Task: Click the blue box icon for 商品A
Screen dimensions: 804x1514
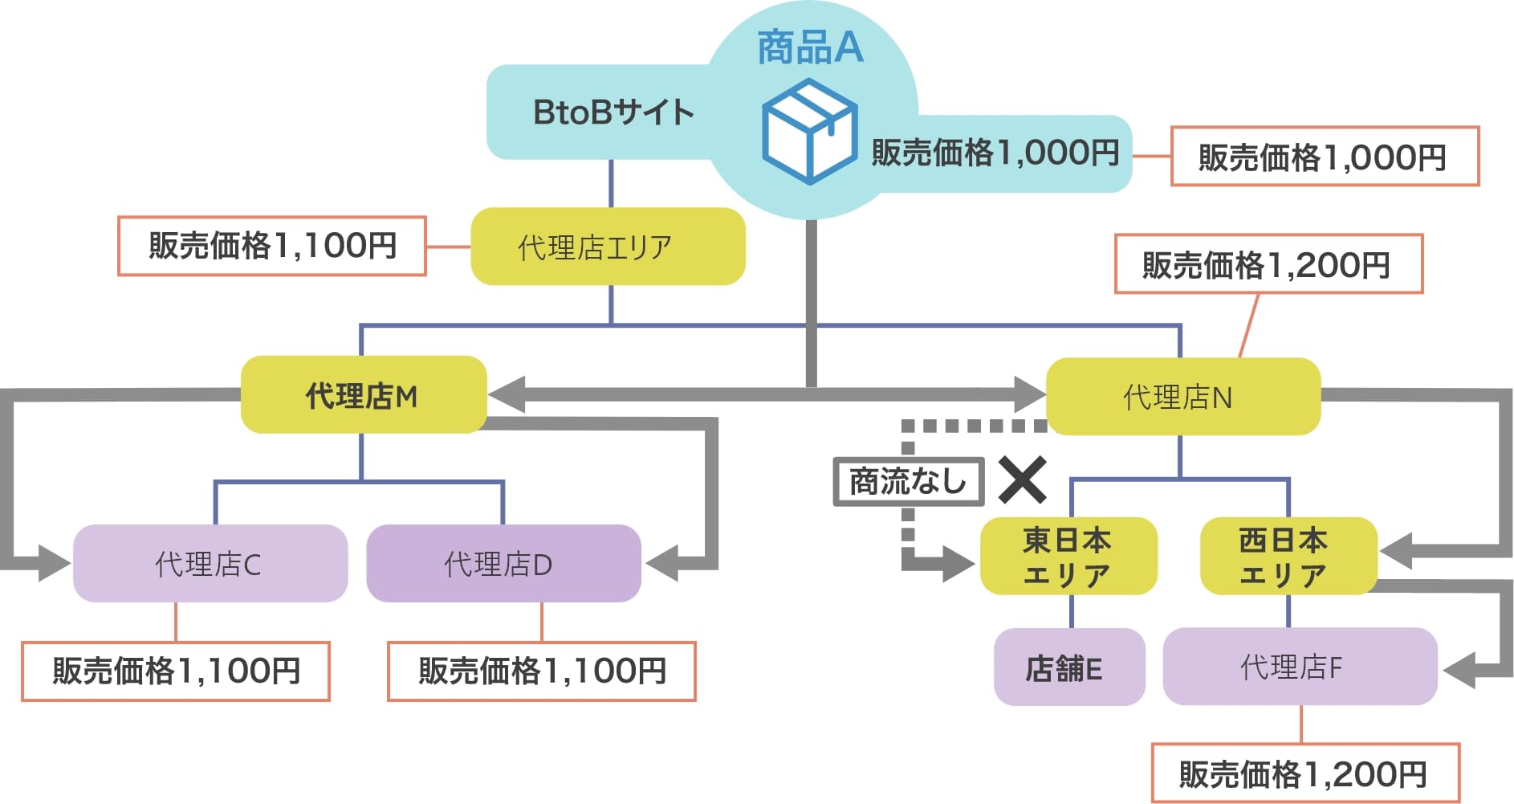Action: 809,132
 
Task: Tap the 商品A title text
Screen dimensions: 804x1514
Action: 810,47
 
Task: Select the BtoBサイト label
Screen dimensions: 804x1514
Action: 613,112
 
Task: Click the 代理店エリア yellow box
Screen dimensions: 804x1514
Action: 608,247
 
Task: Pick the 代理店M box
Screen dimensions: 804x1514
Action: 363,395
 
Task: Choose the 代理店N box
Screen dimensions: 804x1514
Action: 1182,397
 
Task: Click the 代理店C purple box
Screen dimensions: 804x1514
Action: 210,564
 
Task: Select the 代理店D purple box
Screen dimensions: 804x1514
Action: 503,564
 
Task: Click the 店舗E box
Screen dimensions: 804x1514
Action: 1068,667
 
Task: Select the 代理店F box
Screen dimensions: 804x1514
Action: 1298,667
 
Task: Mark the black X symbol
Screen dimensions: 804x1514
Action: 1022,480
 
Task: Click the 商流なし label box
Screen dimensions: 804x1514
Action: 908,482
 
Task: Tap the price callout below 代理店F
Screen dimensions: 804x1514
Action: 1304,773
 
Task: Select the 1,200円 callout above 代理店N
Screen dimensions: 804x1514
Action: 1268,264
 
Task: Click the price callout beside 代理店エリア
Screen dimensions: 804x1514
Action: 272,246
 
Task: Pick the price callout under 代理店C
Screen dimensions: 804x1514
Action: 176,671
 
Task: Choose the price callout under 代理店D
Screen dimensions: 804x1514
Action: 542,671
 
